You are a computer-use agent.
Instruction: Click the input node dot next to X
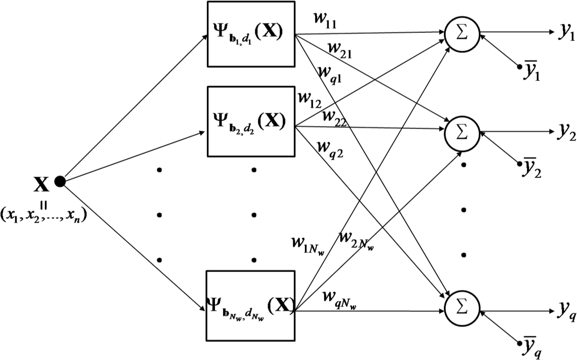coord(60,182)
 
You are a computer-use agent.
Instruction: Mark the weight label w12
coord(308,99)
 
